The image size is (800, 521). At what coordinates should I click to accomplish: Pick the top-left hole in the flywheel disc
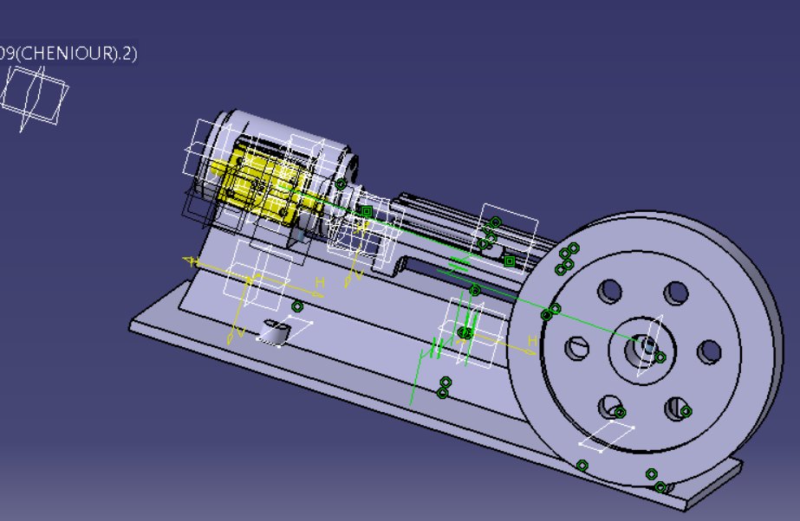610,291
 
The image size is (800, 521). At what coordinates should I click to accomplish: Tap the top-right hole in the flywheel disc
676,293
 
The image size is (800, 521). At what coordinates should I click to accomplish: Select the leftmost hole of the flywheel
577,349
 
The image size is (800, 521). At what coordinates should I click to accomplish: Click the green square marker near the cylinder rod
367,211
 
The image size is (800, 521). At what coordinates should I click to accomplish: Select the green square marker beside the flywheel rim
510,260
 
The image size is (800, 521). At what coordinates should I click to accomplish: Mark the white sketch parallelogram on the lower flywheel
607,438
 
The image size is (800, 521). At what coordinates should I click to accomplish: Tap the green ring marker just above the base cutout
297,306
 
